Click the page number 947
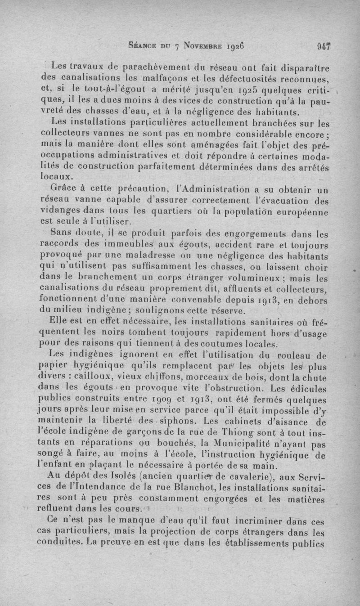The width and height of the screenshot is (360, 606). pyautogui.click(x=324, y=45)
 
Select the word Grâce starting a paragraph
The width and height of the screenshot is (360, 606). pyautogui.click(x=65, y=188)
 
